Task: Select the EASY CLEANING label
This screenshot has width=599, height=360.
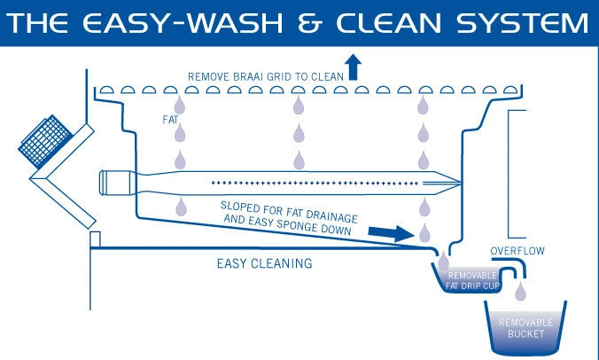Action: tap(264, 263)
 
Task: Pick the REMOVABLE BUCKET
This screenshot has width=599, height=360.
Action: tap(526, 326)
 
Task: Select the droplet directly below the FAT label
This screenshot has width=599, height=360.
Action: tap(182, 134)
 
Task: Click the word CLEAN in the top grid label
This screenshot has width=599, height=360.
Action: tap(323, 76)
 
